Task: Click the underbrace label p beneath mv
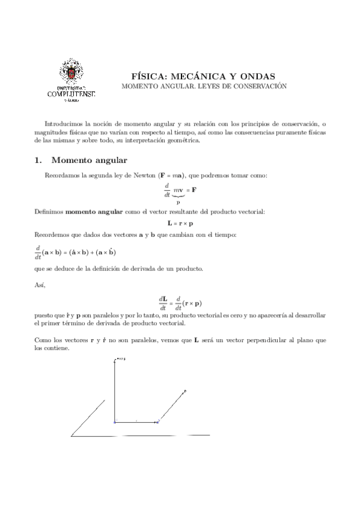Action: point(178,201)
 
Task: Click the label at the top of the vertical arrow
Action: point(120,360)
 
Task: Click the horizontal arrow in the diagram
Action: point(136,422)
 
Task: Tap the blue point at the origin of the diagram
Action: point(115,422)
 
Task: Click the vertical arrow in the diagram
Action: point(115,391)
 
